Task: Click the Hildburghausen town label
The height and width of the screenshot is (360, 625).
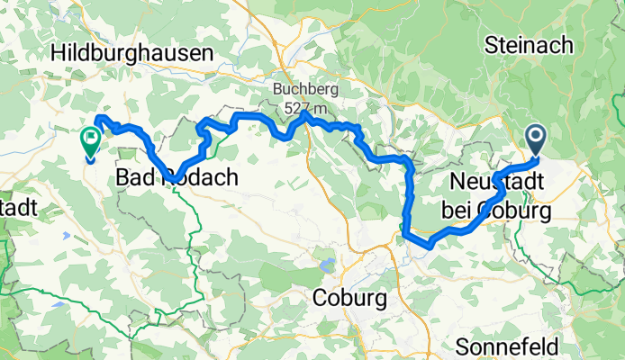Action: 132,54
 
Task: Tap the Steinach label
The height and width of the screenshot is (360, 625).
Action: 526,42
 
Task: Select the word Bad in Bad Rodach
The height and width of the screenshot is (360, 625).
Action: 137,178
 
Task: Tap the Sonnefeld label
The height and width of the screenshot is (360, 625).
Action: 520,346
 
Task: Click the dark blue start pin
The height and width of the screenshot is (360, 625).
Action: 536,139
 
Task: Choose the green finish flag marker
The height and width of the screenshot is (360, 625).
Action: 91,139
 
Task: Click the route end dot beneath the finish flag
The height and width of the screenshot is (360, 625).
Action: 91,159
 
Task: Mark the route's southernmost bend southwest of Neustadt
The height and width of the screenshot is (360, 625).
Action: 430,245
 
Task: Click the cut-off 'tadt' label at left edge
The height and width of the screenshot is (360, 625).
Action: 18,207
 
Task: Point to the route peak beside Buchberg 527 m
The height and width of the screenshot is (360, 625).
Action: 307,114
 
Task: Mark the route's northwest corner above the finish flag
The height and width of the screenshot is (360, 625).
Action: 99,118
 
